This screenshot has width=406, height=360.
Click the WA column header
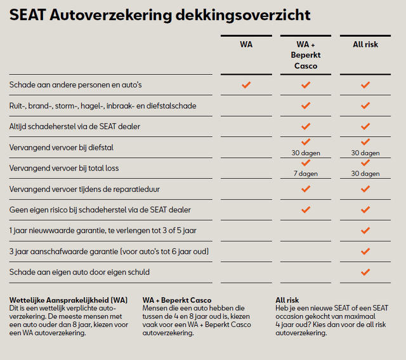(246, 44)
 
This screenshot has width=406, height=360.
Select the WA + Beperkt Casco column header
(306, 55)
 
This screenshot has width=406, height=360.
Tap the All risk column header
(365, 44)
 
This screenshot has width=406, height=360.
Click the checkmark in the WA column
(246, 84)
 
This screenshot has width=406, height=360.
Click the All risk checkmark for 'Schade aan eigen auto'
(365, 272)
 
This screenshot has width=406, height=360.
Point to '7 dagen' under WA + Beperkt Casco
(306, 174)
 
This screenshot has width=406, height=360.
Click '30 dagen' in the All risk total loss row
(365, 174)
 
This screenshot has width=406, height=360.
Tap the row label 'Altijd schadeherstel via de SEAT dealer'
(75, 127)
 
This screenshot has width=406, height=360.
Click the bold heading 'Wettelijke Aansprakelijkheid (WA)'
(69, 300)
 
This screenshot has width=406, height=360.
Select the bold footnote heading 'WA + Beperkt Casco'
(177, 300)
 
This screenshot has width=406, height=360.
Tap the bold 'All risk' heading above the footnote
(287, 300)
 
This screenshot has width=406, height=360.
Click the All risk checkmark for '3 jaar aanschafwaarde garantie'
(365, 251)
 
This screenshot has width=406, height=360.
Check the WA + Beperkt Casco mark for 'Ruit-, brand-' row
(306, 105)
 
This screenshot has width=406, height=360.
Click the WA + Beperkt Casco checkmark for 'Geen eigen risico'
(306, 209)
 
